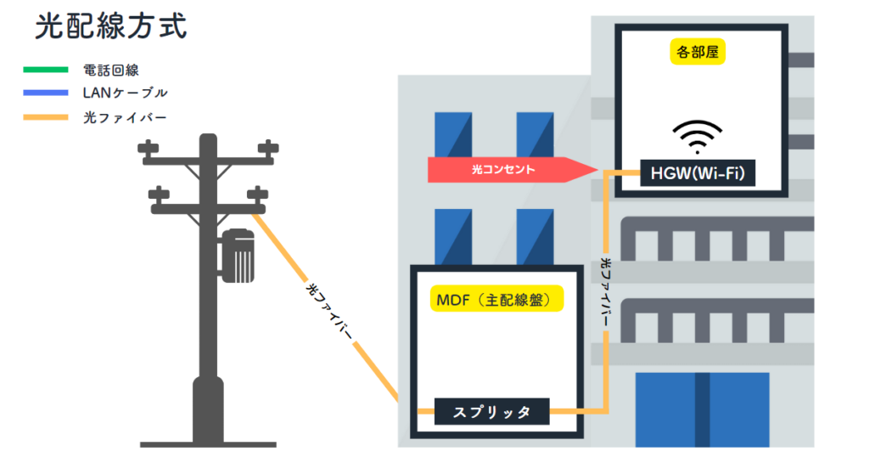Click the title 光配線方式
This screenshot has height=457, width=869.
(110, 26)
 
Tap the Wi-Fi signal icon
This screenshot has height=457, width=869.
(698, 136)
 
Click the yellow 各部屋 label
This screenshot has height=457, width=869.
(698, 53)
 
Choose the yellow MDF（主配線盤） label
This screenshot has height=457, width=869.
(497, 299)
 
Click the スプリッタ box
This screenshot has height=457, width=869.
(491, 412)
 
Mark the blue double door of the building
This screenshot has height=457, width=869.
(703, 409)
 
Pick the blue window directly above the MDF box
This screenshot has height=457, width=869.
(453, 237)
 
